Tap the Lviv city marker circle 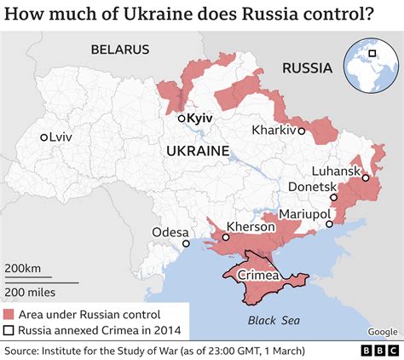point(43,136)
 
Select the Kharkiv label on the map point(274,131)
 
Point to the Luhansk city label point(337,170)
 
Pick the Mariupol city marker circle point(329,224)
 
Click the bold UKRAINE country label point(199,151)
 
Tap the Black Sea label point(268,320)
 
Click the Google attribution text point(382,332)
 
